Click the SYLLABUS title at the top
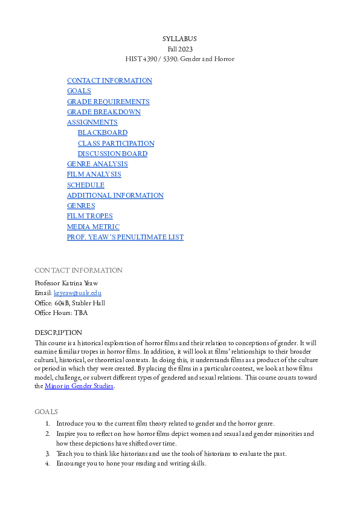pos(179,39)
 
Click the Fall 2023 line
pos(179,49)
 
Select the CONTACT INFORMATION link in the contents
pos(109,80)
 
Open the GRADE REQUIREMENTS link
pos(108,102)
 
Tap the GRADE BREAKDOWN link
pos(103,112)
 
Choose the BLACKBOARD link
pos(103,132)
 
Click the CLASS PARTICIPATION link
pos(116,143)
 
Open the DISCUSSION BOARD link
pos(112,154)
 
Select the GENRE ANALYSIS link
pos(97,164)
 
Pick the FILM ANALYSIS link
pos(94,174)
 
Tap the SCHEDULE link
pos(85,185)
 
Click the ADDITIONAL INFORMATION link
pos(115,195)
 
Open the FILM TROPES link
pos(89,216)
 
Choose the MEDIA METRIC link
pos(93,227)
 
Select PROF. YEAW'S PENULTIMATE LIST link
pos(125,237)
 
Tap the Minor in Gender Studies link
pos(79,386)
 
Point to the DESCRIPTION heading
pos(58,332)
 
